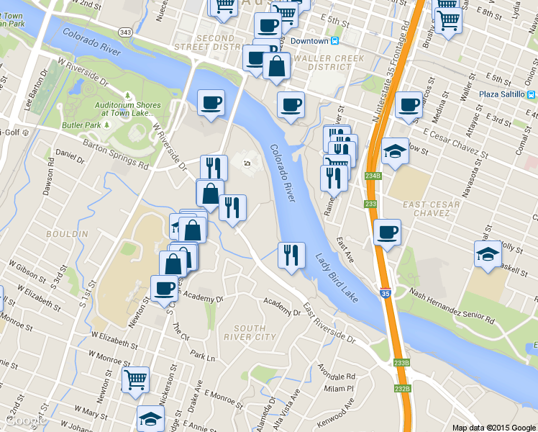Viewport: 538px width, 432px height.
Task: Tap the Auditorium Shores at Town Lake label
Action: coord(127,108)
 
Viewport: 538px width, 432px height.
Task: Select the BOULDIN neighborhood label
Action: coord(67,234)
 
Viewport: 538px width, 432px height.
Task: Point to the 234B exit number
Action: coord(372,176)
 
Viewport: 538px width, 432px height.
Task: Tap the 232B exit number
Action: coord(402,389)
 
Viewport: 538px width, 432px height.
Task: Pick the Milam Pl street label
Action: coord(340,388)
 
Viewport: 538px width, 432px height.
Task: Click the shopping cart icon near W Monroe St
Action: coord(136,379)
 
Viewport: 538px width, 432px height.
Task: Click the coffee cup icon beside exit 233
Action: coord(387,232)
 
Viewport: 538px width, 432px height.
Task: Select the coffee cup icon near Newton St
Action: coord(165,288)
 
